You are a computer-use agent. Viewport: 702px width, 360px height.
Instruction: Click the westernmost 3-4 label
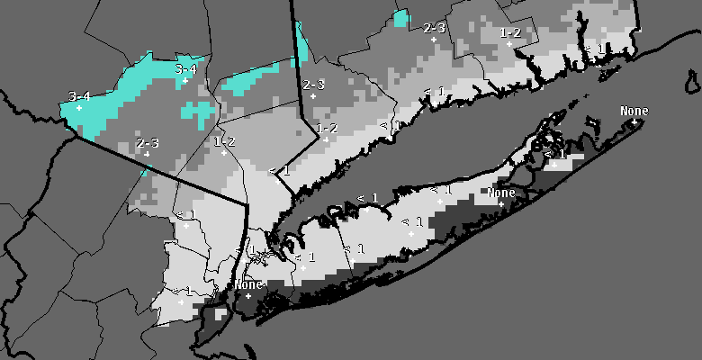[x=79, y=96]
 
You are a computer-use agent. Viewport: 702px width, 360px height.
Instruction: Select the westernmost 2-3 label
[x=148, y=143]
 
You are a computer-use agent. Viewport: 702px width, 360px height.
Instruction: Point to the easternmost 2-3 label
[x=434, y=28]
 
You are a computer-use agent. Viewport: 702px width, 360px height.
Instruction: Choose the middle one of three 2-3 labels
[x=313, y=85]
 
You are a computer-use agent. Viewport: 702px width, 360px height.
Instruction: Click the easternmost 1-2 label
[x=509, y=32]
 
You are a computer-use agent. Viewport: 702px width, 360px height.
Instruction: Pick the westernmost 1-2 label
[x=224, y=141]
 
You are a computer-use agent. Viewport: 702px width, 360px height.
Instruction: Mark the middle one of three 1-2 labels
[x=326, y=129]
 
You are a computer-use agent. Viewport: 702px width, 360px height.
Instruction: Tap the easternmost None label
[x=634, y=111]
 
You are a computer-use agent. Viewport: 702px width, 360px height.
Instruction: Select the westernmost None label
[x=247, y=284]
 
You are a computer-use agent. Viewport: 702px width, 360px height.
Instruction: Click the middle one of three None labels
[x=501, y=193]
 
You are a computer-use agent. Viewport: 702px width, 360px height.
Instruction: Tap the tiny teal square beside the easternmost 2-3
[x=401, y=17]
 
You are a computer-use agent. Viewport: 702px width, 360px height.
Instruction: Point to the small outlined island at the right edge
[x=692, y=83]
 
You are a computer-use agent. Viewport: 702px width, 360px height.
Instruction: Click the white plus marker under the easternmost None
[x=634, y=121]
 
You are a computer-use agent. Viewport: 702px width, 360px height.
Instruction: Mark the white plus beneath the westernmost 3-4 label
[x=79, y=107]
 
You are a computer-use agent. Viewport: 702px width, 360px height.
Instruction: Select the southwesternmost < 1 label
[x=184, y=290]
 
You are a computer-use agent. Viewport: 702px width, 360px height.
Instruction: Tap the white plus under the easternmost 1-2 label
[x=509, y=43]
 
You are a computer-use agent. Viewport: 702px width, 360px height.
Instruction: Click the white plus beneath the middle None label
[x=501, y=202]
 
